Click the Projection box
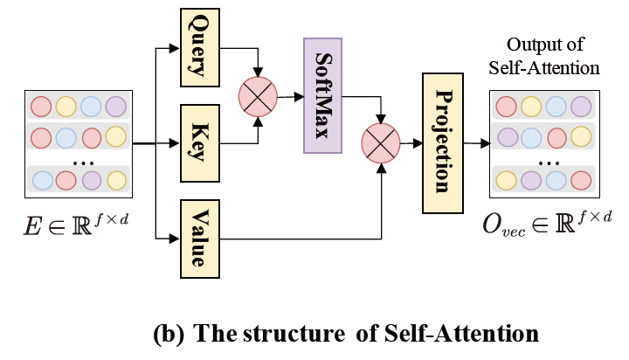click(x=441, y=143)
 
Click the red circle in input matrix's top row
click(x=41, y=107)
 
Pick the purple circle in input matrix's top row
click(x=116, y=107)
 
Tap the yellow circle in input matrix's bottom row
click(x=116, y=180)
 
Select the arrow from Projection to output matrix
click(x=477, y=143)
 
